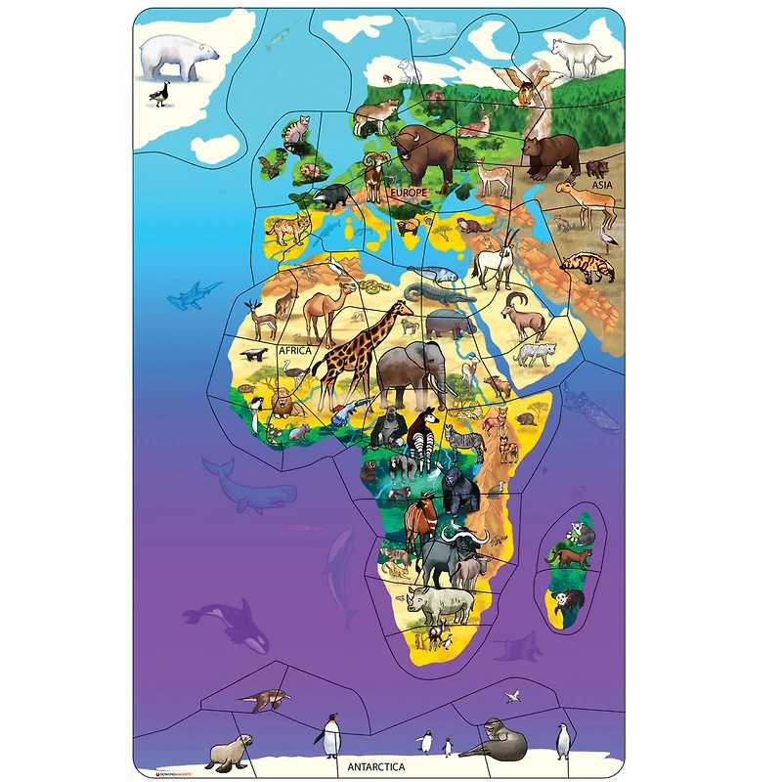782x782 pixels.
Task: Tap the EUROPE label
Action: point(409,194)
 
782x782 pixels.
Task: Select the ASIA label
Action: point(600,184)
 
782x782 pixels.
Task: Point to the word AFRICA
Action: point(293,349)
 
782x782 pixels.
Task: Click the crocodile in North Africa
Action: point(430,292)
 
